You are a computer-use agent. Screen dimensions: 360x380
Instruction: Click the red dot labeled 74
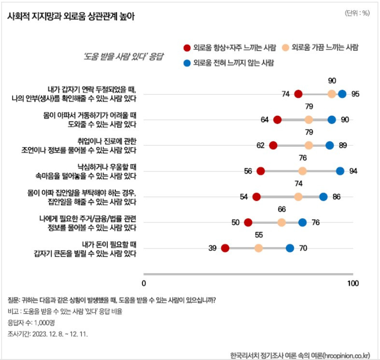[x=298, y=94]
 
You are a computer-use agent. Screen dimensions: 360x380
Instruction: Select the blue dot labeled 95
[x=342, y=94]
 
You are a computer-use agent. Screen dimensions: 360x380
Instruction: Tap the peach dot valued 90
[x=332, y=94]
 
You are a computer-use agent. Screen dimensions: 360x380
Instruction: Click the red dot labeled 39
[x=225, y=248]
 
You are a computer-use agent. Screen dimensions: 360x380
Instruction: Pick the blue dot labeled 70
[x=290, y=248]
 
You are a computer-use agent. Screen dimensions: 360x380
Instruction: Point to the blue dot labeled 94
[x=340, y=171]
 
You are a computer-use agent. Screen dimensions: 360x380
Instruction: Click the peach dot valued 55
[x=258, y=248]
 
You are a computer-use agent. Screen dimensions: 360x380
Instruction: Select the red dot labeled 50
[x=248, y=222]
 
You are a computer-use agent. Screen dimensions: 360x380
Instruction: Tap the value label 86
[x=337, y=196]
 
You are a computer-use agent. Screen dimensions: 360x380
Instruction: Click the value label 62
[x=261, y=145]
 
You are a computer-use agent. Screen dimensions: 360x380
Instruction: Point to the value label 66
[x=282, y=209]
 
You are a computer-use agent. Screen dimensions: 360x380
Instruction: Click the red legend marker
[x=186, y=47]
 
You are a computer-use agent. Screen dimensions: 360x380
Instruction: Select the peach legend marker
[x=285, y=47]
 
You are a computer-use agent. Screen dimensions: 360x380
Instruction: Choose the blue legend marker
[x=186, y=63]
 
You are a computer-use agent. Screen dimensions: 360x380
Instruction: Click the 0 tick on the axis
[x=144, y=283]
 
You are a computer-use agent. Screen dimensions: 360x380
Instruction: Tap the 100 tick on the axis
[x=353, y=283]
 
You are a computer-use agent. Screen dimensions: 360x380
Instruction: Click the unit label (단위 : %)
[x=357, y=13]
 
